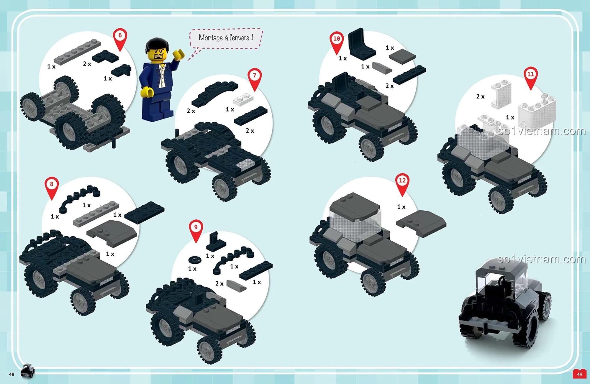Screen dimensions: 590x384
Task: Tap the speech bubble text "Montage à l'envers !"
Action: [226, 38]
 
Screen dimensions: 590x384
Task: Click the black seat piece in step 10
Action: [361, 44]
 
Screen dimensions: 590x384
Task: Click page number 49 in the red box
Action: [579, 374]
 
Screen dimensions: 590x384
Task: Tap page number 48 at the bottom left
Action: [12, 374]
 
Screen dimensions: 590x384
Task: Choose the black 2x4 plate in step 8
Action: [145, 212]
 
